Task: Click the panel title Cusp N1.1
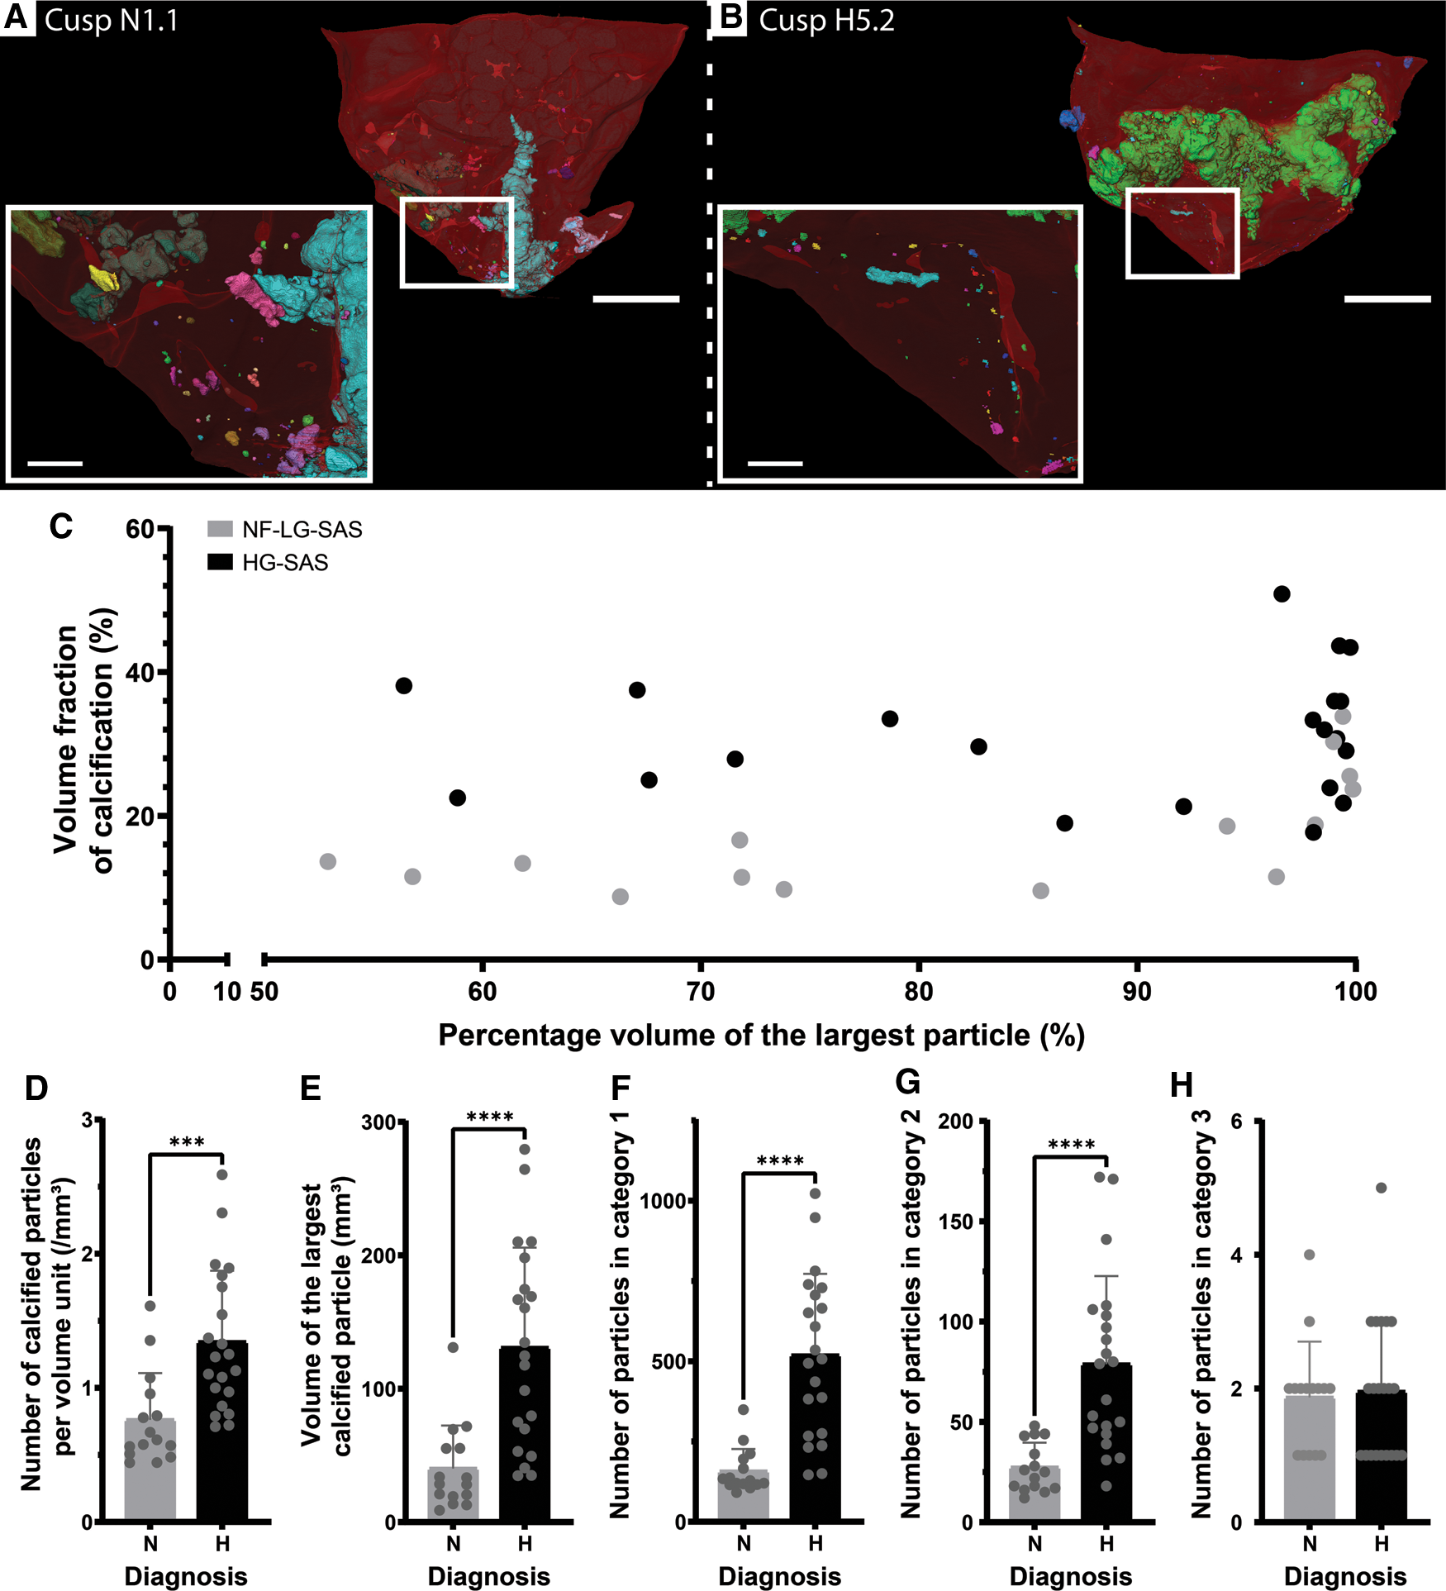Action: coord(111,20)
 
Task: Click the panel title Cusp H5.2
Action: coord(825,20)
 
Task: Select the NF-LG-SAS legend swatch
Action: coord(220,529)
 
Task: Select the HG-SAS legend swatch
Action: coord(220,562)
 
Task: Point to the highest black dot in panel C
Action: coord(1282,593)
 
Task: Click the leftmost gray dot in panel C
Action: coord(328,861)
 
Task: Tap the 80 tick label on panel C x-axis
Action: coord(918,991)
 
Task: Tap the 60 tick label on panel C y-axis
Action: coord(140,529)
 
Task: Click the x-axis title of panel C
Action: coord(761,1035)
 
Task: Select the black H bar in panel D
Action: coord(222,1438)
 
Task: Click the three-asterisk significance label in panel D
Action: coord(187,1143)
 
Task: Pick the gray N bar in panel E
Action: coord(453,1497)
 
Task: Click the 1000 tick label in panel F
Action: coord(664,1201)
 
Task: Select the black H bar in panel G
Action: coord(1106,1446)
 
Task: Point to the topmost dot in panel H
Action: coord(1381,1188)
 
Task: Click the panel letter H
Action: coord(1182,1085)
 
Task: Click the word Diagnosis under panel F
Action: coord(779,1575)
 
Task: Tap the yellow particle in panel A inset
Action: coord(105,276)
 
